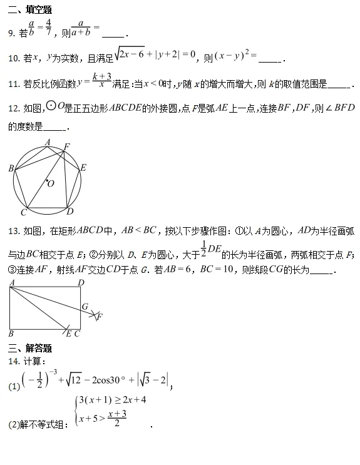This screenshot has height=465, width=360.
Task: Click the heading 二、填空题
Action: tap(29, 10)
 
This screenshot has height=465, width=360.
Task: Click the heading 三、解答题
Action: tap(29, 349)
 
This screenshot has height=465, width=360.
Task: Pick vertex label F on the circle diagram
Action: tap(67, 146)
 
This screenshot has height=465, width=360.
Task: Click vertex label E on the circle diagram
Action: tap(83, 168)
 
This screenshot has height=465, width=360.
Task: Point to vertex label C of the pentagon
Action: tap(23, 213)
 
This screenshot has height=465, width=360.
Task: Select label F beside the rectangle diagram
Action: tap(100, 316)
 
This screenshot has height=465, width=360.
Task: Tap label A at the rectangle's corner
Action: tap(11, 283)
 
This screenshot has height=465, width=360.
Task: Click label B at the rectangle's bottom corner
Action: tap(11, 334)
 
